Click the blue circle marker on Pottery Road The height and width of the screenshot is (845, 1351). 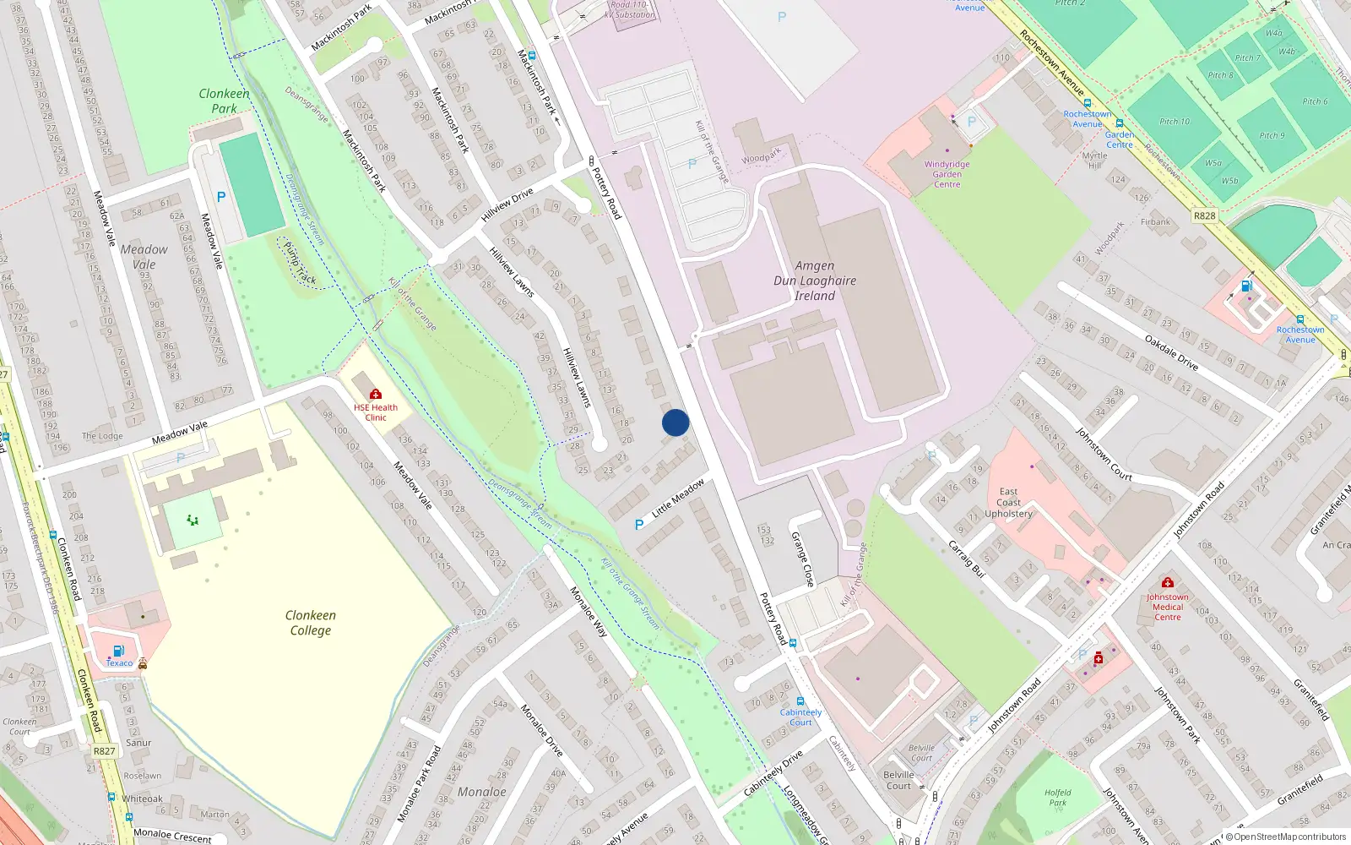[x=675, y=422]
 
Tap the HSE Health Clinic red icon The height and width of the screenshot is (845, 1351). [x=376, y=394]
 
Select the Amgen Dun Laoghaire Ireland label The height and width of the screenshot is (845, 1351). [x=815, y=281]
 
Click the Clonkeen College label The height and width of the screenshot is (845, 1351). [x=311, y=623]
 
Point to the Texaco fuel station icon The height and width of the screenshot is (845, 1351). [x=118, y=651]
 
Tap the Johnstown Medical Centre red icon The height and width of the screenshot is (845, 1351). [x=1168, y=583]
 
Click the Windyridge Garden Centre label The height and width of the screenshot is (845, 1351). [x=947, y=174]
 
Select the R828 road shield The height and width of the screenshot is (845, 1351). [x=1205, y=215]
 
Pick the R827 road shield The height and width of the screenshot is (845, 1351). [x=104, y=751]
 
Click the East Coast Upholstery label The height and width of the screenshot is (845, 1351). [x=1008, y=502]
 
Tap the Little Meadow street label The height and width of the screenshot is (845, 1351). [x=678, y=498]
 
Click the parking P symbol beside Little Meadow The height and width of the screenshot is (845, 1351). [x=639, y=525]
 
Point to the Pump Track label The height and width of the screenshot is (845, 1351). [x=300, y=264]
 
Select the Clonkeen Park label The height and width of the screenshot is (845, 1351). [x=224, y=101]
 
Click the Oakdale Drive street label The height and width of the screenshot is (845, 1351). [x=1171, y=352]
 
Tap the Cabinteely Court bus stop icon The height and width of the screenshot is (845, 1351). [x=800, y=701]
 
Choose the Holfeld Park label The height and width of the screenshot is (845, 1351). [x=1057, y=798]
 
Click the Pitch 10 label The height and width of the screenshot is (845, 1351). [x=1175, y=122]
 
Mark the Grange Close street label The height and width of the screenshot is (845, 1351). [x=802, y=559]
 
